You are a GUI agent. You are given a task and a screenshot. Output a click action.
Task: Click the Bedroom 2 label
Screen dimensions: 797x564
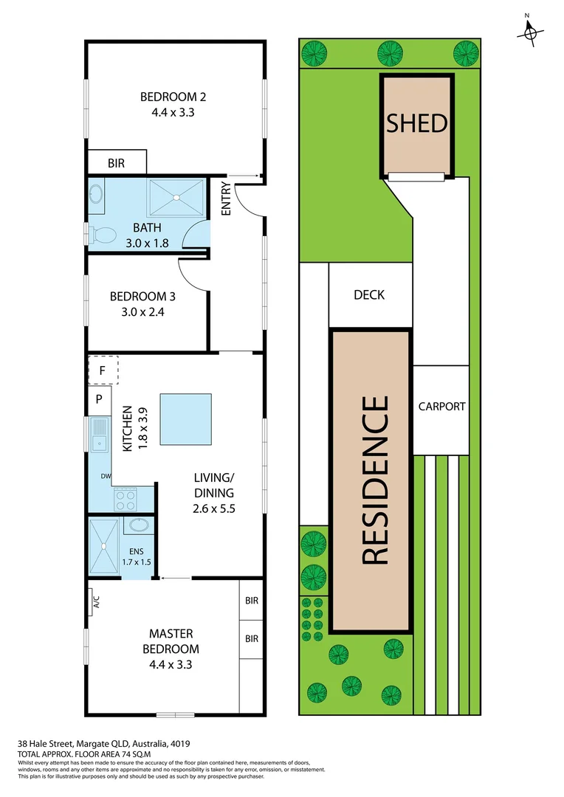pos(173,97)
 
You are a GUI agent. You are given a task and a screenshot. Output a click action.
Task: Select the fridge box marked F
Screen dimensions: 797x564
pos(103,370)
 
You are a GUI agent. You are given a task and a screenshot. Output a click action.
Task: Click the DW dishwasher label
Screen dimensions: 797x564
pos(106,476)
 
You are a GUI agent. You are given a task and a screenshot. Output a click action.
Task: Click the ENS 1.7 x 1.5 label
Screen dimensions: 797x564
pos(136,556)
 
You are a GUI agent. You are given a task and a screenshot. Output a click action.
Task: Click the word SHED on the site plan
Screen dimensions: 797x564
pos(417,123)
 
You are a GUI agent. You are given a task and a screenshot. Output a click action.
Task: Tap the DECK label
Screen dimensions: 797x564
pos(369,295)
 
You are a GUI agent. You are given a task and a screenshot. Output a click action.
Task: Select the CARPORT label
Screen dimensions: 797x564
pos(441,406)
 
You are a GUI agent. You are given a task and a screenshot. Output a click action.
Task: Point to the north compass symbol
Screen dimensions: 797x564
pos(529,32)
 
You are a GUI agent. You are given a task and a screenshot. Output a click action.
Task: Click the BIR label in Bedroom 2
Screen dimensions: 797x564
pos(116,164)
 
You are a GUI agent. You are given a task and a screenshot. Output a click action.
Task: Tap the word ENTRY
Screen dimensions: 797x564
pos(226,199)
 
